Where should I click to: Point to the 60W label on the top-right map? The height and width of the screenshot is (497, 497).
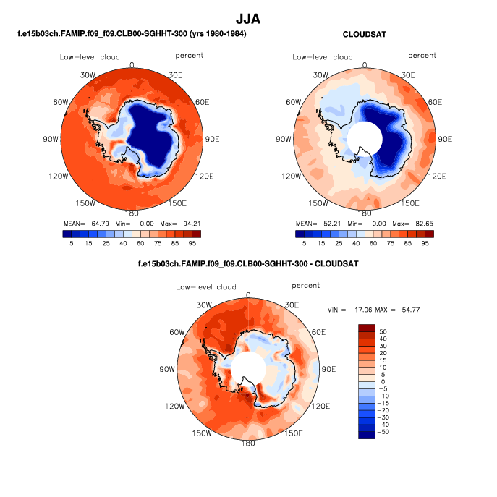pos(294,102)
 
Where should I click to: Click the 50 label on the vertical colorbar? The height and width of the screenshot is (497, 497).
pos(383,331)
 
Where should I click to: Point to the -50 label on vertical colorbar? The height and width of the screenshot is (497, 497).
pos(384,432)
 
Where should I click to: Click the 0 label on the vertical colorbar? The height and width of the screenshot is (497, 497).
pos(383,381)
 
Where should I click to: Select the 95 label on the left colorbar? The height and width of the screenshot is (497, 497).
pos(192,245)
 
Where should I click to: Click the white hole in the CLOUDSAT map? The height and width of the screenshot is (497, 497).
pos(364,138)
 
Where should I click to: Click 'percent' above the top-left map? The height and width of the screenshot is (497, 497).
pos(189,56)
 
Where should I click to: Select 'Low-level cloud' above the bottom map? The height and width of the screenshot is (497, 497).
pos(206,287)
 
